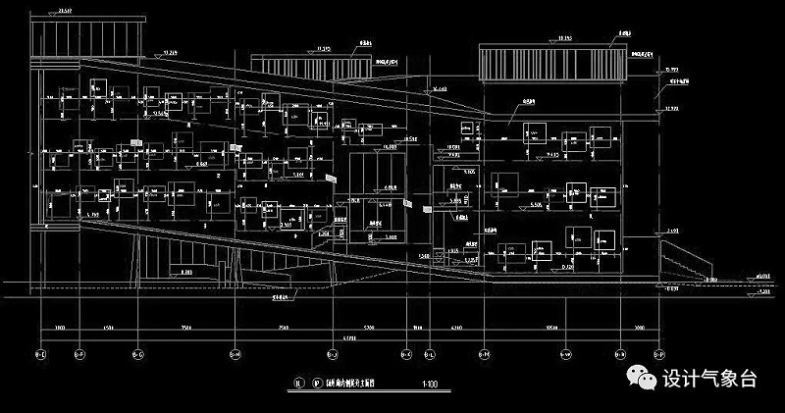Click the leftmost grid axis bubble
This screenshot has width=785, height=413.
[x=40, y=353]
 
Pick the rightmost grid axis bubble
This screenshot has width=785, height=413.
[x=659, y=353]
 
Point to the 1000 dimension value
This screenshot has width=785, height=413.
[x=59, y=327]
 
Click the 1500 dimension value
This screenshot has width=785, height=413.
[x=110, y=327]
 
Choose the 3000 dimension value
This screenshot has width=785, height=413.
[x=640, y=327]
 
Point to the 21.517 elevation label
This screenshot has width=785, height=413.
[x=67, y=10]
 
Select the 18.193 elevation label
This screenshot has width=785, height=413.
[x=565, y=37]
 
